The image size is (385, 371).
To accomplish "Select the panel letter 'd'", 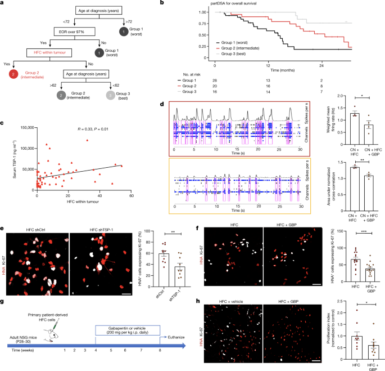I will coord(161,104).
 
